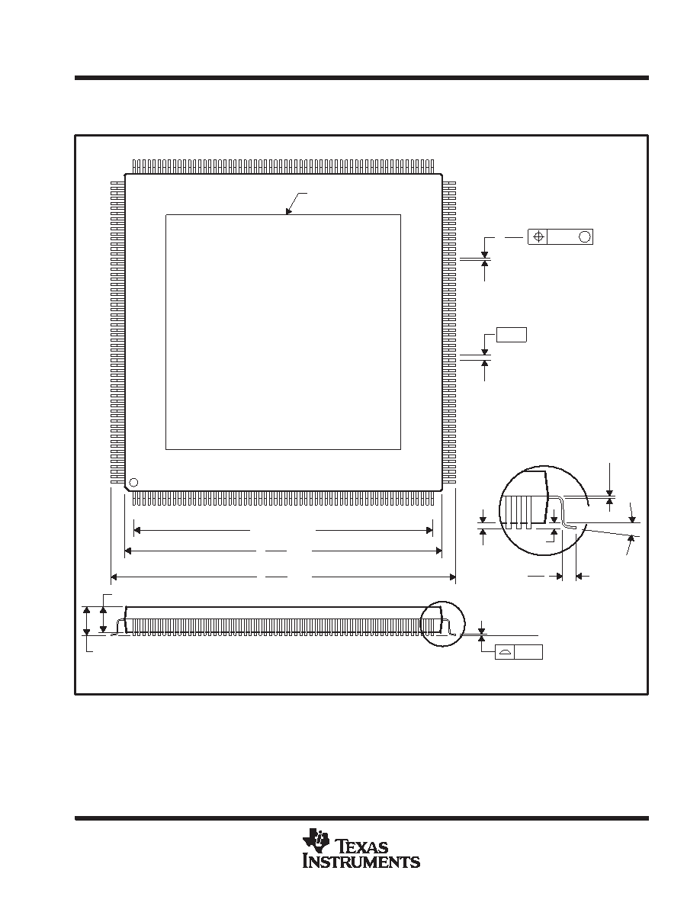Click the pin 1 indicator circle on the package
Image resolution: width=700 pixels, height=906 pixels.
click(x=133, y=483)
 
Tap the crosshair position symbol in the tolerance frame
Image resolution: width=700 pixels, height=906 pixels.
click(x=538, y=236)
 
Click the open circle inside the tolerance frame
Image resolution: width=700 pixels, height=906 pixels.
click(x=585, y=236)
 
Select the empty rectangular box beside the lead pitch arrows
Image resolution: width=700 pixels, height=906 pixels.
click(x=512, y=335)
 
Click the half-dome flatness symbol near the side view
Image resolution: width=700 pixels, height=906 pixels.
click(x=506, y=652)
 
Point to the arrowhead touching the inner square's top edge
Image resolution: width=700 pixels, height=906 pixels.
click(x=288, y=211)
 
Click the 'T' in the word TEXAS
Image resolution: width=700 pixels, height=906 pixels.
click(x=342, y=846)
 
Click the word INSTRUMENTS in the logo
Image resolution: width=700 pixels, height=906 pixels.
click(x=361, y=862)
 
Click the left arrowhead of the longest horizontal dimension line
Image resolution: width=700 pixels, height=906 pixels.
click(x=114, y=576)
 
